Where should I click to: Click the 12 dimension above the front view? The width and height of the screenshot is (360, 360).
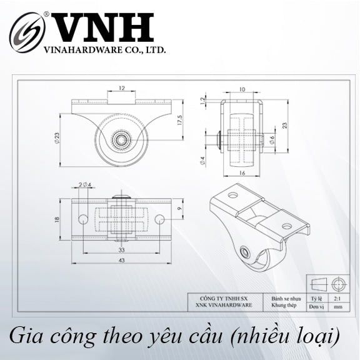click(x=122, y=89)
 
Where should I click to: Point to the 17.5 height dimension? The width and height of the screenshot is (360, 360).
click(x=179, y=119)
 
